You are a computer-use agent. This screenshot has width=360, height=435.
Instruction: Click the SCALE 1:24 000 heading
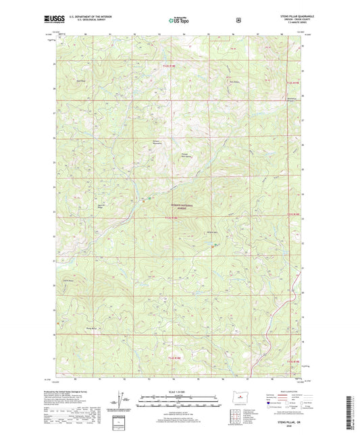[179, 392]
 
